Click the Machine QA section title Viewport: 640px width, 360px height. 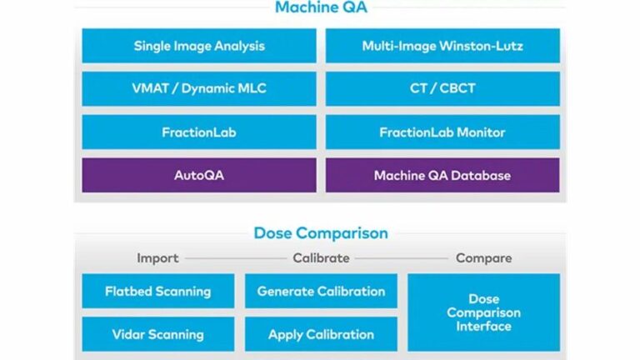pyautogui.click(x=321, y=9)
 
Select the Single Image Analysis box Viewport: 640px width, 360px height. pyautogui.click(x=199, y=46)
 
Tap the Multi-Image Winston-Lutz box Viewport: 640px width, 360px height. pyautogui.click(x=442, y=46)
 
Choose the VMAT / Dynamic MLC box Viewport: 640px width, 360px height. pyautogui.click(x=199, y=88)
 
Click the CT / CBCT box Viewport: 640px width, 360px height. pyautogui.click(x=442, y=88)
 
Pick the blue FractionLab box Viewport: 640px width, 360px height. pyautogui.click(x=199, y=132)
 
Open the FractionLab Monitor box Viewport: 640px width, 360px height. pyautogui.click(x=442, y=132)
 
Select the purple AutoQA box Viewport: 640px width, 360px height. pyautogui.click(x=199, y=175)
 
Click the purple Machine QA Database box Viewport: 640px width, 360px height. pyautogui.click(x=442, y=175)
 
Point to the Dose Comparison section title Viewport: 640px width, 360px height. pyautogui.click(x=321, y=233)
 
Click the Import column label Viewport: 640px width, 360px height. pyautogui.click(x=157, y=258)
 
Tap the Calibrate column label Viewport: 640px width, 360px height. pyautogui.click(x=321, y=258)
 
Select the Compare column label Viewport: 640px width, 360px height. pyautogui.click(x=483, y=258)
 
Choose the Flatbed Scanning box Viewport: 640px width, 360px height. pyautogui.click(x=157, y=291)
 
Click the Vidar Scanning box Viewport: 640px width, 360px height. pyautogui.click(x=157, y=334)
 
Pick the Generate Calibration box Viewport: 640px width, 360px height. pyautogui.click(x=321, y=291)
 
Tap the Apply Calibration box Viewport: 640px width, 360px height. pyautogui.click(x=321, y=334)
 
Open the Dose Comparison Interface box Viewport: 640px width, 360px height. pyautogui.click(x=483, y=312)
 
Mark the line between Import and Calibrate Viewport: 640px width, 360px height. pyautogui.click(x=235, y=258)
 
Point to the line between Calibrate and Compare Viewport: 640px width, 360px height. pyautogui.click(x=402, y=258)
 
